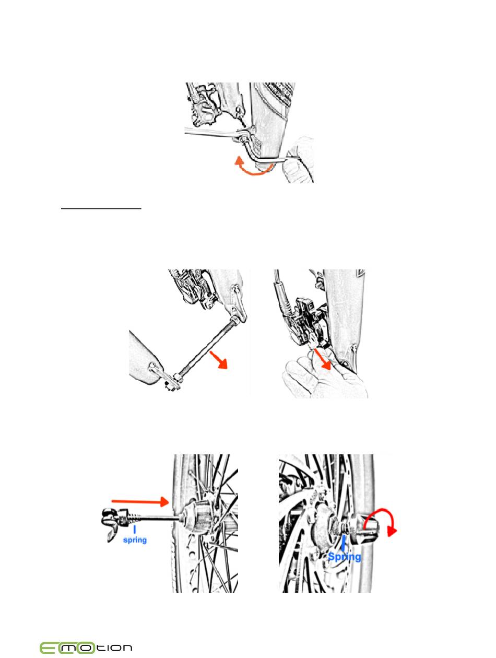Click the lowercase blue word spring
pyautogui.click(x=135, y=540)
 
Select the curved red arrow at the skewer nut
pyautogui.click(x=380, y=522)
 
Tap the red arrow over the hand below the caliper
pyautogui.click(x=322, y=358)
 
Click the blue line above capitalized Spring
pyautogui.click(x=343, y=543)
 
